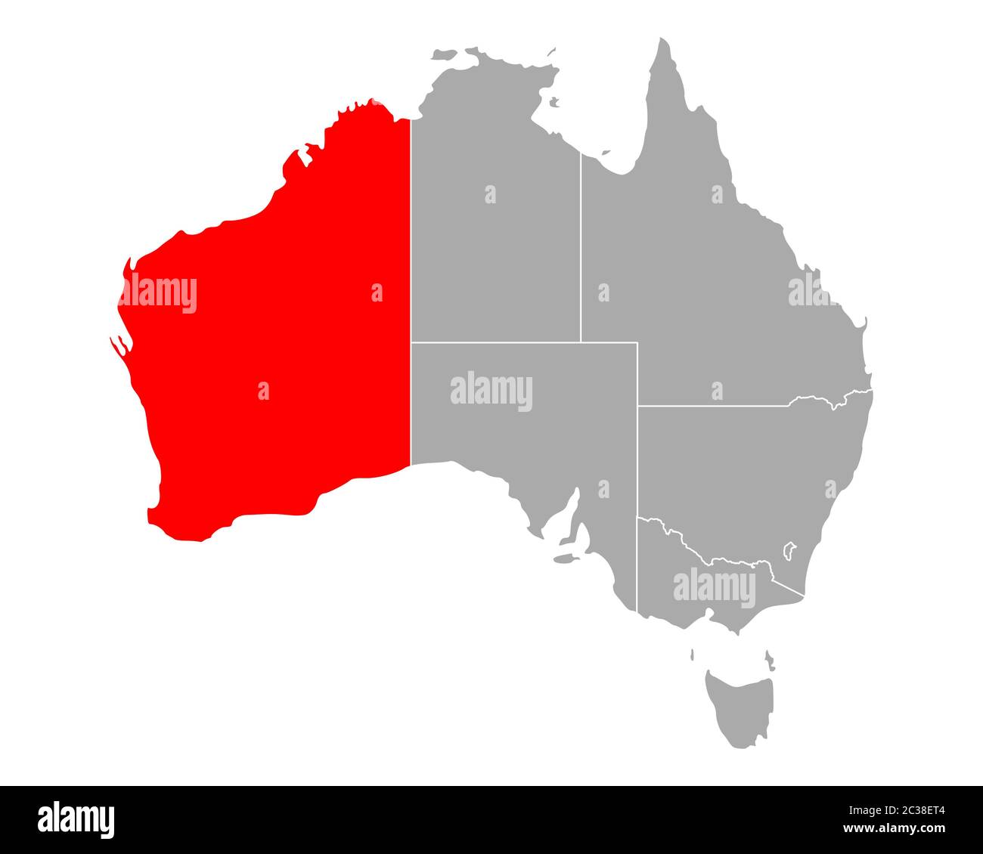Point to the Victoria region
tap(703, 589)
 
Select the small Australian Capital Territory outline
tap(789, 549)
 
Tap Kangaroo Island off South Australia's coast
tap(563, 560)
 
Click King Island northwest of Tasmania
tap(692, 654)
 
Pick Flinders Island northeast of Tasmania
tap(769, 659)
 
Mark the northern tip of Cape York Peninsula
tap(664, 40)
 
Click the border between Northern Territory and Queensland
tap(581, 249)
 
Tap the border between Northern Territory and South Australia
tap(522, 342)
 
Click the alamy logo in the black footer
tap(76, 819)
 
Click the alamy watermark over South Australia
tap(491, 391)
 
